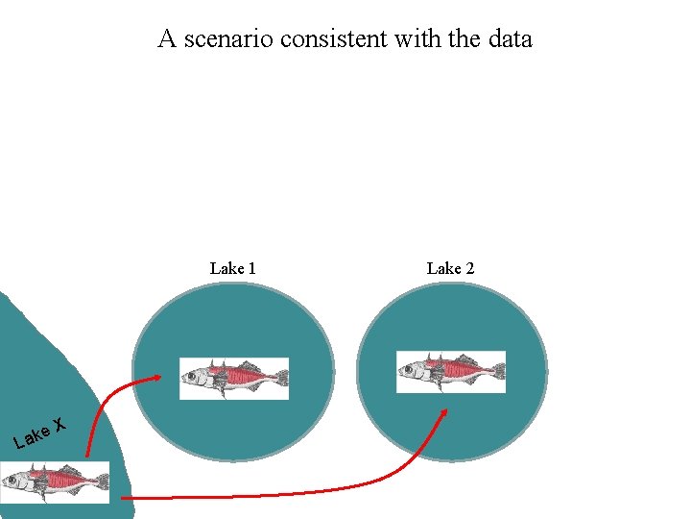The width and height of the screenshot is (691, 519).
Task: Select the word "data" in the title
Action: point(508,39)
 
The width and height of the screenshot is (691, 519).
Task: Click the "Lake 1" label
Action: point(232,268)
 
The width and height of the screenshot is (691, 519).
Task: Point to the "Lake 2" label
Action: point(450,268)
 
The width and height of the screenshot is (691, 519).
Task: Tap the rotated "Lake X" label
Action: point(39,432)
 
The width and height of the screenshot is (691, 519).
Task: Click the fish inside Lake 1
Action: point(234,378)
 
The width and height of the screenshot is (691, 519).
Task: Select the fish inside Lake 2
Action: point(451,371)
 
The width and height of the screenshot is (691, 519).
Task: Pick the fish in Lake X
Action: point(55,482)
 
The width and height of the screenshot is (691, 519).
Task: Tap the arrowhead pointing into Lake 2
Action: point(444,411)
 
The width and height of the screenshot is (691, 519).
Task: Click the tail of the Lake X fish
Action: point(100,481)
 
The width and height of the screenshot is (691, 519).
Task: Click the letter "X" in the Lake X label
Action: point(60,424)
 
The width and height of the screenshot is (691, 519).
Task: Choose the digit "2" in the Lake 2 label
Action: point(469,268)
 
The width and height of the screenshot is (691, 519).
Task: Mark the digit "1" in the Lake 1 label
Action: point(251,268)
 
